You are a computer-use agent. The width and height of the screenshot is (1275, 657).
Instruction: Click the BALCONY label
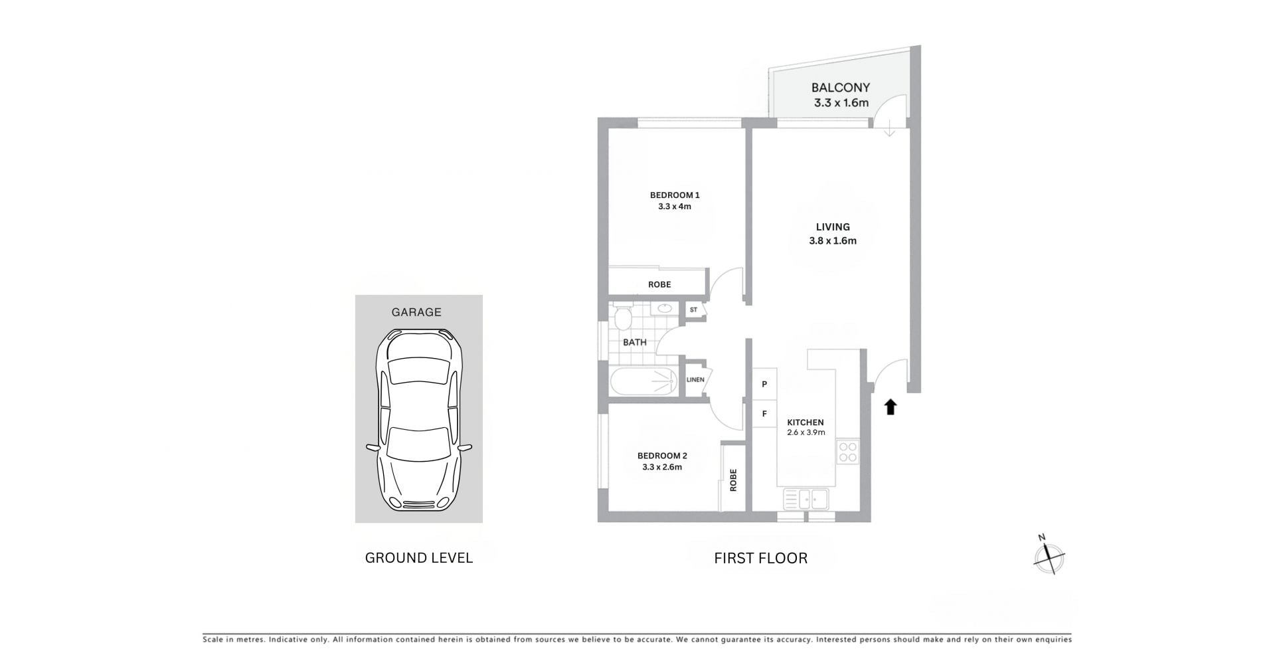click(x=840, y=88)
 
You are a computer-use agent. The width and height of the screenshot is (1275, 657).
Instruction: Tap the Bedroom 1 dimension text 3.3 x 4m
click(x=675, y=207)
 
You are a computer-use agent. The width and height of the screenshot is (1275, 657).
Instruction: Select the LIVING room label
click(x=833, y=227)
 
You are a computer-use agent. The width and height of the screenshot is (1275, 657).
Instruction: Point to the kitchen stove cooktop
click(x=847, y=452)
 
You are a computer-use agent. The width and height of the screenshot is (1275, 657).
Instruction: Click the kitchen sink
click(x=806, y=499)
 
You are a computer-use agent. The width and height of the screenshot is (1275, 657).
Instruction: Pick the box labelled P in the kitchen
click(x=764, y=384)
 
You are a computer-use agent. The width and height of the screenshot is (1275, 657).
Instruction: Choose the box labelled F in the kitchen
click(x=764, y=414)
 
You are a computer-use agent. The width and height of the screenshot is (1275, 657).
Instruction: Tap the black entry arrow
click(x=891, y=407)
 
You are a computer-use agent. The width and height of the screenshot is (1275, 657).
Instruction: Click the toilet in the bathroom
click(x=622, y=318)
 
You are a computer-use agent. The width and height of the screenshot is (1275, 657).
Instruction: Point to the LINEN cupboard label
click(x=695, y=380)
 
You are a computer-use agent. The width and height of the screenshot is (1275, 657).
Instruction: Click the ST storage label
click(x=693, y=310)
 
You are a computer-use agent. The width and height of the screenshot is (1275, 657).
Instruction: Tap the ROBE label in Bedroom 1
click(x=659, y=284)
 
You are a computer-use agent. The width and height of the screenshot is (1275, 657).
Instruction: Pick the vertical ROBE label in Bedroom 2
click(x=733, y=480)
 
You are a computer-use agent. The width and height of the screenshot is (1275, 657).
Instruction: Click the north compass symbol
click(x=1049, y=556)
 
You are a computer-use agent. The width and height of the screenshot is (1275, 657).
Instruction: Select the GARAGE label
click(x=416, y=312)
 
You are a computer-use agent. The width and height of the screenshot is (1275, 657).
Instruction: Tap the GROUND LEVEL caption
click(x=419, y=558)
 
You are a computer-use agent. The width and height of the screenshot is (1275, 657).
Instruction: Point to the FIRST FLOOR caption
click(x=761, y=558)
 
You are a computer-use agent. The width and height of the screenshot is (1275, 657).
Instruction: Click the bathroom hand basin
click(x=665, y=309)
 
